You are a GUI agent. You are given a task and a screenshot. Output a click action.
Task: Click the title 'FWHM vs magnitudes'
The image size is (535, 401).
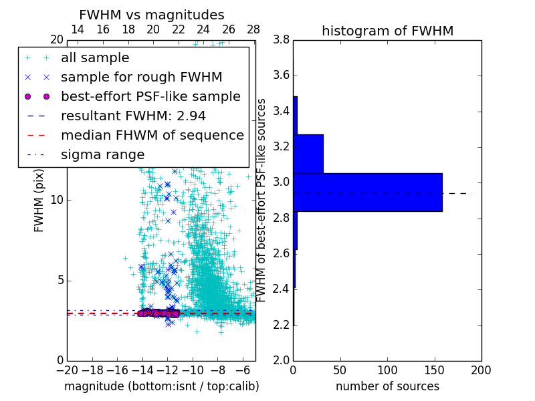coord(152,15)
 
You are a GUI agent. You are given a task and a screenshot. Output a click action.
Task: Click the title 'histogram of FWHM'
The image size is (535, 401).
coord(387,31)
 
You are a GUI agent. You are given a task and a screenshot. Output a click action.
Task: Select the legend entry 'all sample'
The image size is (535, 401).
coord(95,58)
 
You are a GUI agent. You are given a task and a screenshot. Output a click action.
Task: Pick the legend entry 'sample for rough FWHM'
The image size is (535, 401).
coord(141,77)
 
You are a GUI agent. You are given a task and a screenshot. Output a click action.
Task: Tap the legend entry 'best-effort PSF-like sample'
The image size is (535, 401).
coord(150,96)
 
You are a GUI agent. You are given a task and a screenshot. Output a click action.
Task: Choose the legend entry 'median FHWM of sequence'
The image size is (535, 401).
coord(152,135)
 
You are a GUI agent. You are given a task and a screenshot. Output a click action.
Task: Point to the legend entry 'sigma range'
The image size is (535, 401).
coord(102,154)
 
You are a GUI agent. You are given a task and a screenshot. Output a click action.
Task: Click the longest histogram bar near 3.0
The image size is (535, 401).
coord(367,192)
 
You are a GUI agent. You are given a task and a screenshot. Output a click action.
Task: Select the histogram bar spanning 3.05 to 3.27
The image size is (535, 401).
coord(308,154)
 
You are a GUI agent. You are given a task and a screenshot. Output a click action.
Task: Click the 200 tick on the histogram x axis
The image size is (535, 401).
coord(481,370)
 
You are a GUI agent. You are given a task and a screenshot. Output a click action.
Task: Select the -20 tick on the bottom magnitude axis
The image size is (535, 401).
coord(67,370)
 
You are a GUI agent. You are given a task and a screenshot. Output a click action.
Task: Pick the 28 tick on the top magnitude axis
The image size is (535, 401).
coord(253,30)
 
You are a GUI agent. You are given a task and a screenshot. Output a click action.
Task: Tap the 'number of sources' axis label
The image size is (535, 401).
coord(387,386)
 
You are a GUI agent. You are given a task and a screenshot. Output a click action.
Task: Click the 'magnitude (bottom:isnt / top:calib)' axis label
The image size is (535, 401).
coord(161,386)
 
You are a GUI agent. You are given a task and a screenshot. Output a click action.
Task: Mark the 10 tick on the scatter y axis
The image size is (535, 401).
coord(56,200)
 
